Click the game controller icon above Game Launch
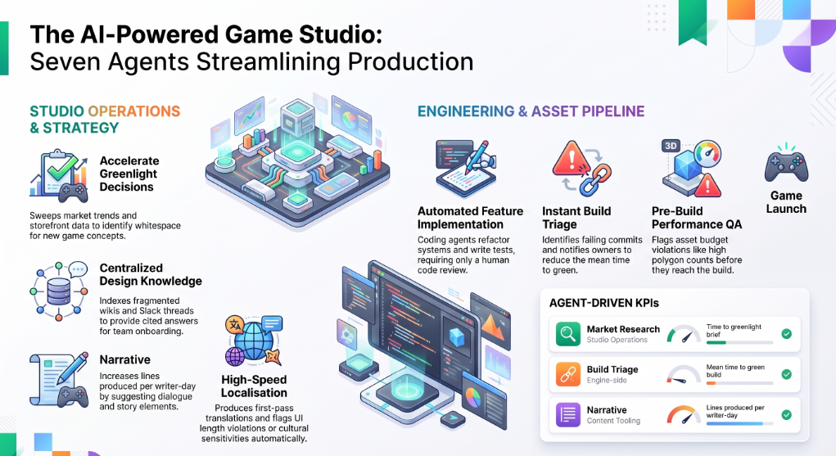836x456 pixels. pyautogui.click(x=786, y=166)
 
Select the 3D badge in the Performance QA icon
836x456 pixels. pyautogui.click(x=671, y=146)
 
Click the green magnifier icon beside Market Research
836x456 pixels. pyautogui.click(x=567, y=334)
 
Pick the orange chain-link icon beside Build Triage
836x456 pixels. pyautogui.click(x=567, y=374)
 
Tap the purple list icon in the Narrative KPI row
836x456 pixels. pyautogui.click(x=567, y=414)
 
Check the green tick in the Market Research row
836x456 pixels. pyautogui.click(x=786, y=334)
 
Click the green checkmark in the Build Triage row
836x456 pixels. pyautogui.click(x=786, y=374)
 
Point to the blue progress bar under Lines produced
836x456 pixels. pyautogui.click(x=734, y=423)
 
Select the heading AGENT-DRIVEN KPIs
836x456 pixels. pyautogui.click(x=604, y=303)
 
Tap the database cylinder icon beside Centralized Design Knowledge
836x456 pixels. pyautogui.click(x=59, y=291)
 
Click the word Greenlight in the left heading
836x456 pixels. pyautogui.click(x=129, y=174)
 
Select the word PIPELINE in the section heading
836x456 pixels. pyautogui.click(x=613, y=111)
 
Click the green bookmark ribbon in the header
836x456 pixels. pyautogui.click(x=693, y=21)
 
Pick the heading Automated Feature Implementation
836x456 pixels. pyautogui.click(x=470, y=218)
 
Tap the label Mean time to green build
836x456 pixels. pyautogui.click(x=735, y=371)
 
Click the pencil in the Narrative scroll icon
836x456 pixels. pyautogui.click(x=73, y=368)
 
